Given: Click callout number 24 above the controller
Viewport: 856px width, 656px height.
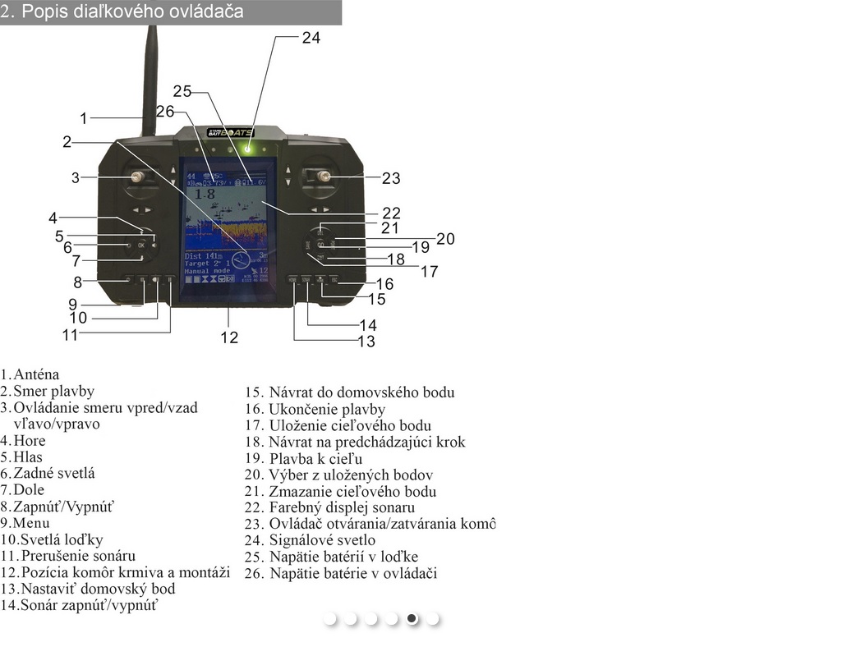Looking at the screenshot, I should pos(311,37).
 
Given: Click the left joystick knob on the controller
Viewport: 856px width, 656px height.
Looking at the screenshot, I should pos(137,177).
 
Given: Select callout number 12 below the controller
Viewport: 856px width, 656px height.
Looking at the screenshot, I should pos(228,337).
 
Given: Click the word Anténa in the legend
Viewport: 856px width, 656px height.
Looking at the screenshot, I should pos(36,375).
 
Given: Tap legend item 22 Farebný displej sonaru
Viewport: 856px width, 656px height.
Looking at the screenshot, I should pos(341,507).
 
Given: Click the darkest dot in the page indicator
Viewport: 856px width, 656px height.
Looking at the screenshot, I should pos(412,619).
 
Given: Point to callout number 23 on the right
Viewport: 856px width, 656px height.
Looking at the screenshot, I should pos(391,178).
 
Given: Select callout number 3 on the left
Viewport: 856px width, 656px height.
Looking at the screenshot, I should pos(75,177).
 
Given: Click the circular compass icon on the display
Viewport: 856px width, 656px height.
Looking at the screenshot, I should pos(240,261).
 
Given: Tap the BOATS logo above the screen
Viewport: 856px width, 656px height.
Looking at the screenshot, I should pos(230,132).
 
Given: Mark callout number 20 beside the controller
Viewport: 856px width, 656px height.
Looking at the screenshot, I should pos(445,239).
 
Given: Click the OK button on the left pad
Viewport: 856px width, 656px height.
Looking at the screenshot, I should pos(141,245).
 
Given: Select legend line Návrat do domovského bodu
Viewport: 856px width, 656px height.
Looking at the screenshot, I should pos(361,392).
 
